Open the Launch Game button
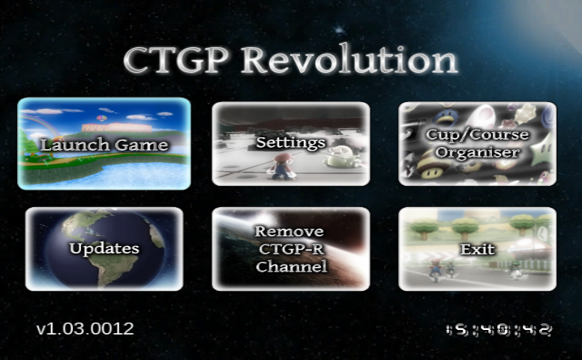[103, 144]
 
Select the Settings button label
[290, 142]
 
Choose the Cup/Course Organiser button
[477, 143]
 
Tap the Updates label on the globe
[103, 248]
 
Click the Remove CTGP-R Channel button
[290, 248]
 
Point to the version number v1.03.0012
[85, 328]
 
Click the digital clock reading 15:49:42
[499, 329]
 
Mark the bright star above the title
[339, 30]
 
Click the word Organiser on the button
[477, 152]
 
